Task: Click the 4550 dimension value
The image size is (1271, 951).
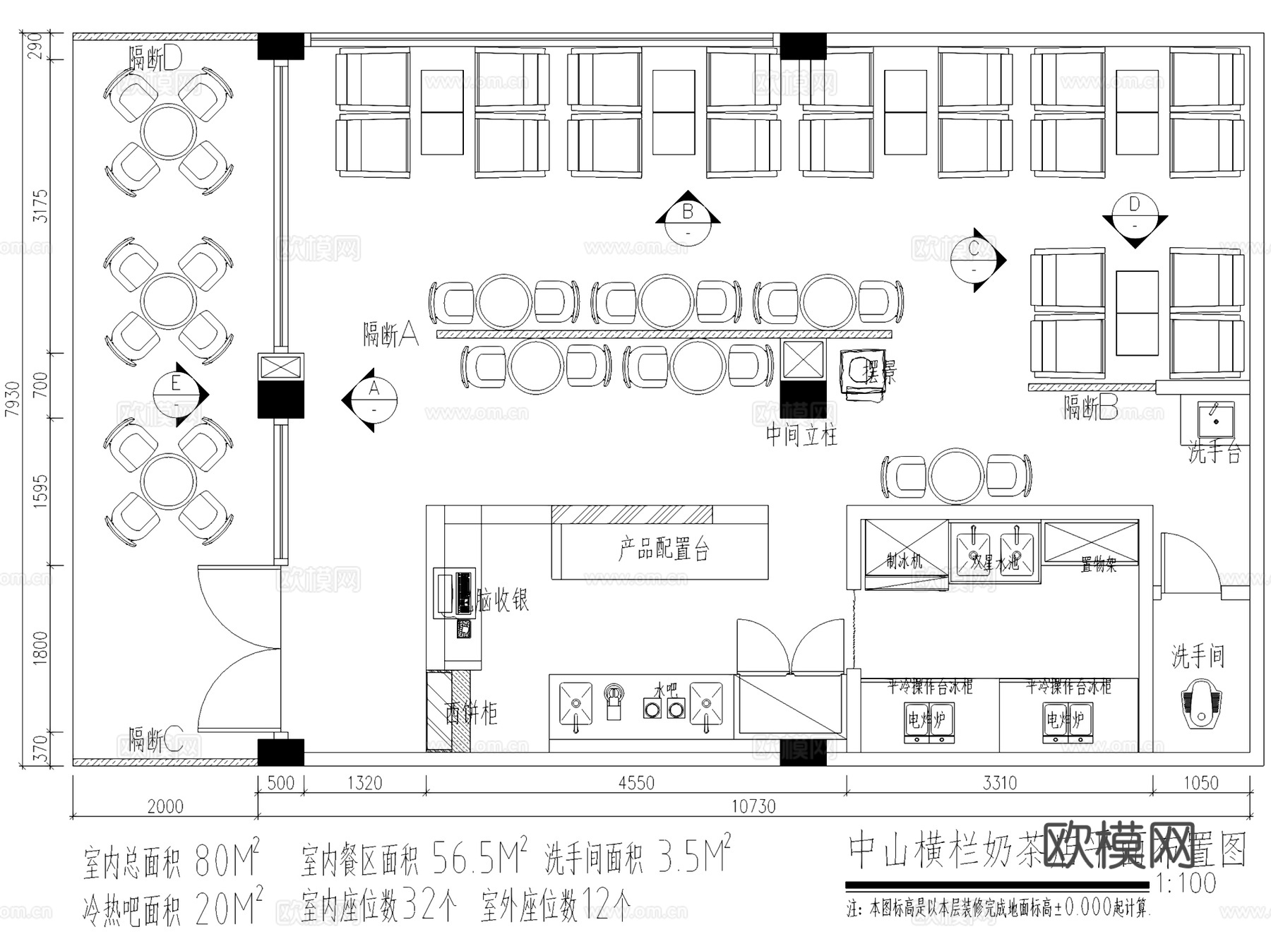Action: (x=636, y=783)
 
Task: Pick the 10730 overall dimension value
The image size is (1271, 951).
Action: (x=753, y=806)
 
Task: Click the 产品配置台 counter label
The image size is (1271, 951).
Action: (x=664, y=549)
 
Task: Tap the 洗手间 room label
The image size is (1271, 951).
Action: (x=1198, y=657)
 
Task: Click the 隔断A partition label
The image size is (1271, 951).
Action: (x=390, y=333)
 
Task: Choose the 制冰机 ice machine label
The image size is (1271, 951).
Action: (x=905, y=561)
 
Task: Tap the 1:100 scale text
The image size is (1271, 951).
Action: (x=1186, y=883)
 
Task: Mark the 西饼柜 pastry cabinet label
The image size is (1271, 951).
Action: (x=471, y=714)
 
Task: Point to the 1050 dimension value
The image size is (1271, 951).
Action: (x=1200, y=783)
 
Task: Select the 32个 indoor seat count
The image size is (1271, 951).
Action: (x=429, y=906)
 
